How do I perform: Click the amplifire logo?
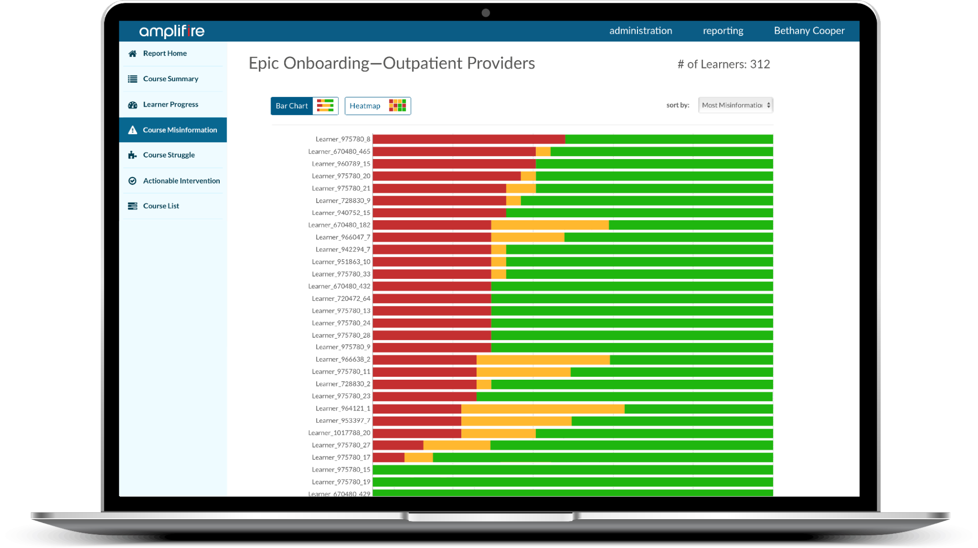coord(172,31)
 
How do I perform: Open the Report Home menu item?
coord(164,53)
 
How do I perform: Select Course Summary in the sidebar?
coord(170,79)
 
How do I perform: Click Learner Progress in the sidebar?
coord(170,104)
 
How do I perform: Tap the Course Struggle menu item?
coord(168,155)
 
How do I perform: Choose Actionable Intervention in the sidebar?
coord(181,181)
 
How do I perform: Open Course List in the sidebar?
coord(160,206)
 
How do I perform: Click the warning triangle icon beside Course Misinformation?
coord(133,130)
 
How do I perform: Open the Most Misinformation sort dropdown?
coord(735,105)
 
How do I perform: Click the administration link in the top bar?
coord(640,31)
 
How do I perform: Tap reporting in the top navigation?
coord(723,31)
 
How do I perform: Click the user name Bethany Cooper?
coord(809,31)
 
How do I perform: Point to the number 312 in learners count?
coord(760,64)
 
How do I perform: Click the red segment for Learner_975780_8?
coord(468,139)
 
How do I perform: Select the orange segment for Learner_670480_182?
coord(549,225)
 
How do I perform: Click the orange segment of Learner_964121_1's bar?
coord(542,409)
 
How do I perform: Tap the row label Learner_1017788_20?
coord(339,433)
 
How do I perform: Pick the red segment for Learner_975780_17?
coord(388,457)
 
